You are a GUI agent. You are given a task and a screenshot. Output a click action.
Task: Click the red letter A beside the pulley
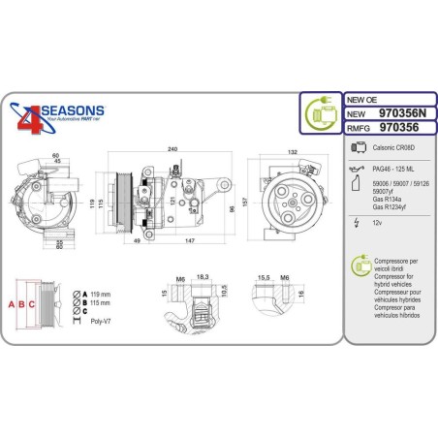click(x=11, y=304)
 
